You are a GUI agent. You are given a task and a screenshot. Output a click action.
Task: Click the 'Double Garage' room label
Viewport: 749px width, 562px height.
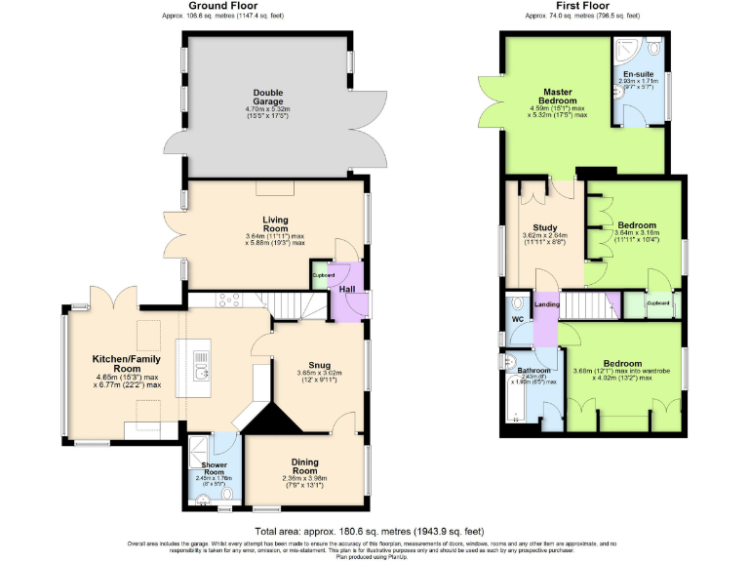pyautogui.click(x=267, y=98)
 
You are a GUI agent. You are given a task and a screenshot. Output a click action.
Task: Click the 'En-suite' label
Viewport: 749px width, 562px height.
pyautogui.click(x=638, y=73)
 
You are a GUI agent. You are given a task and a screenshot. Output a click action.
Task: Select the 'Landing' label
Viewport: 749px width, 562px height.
pyautogui.click(x=547, y=305)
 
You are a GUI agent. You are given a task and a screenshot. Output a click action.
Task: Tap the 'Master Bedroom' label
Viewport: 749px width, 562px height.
pyautogui.click(x=559, y=96)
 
